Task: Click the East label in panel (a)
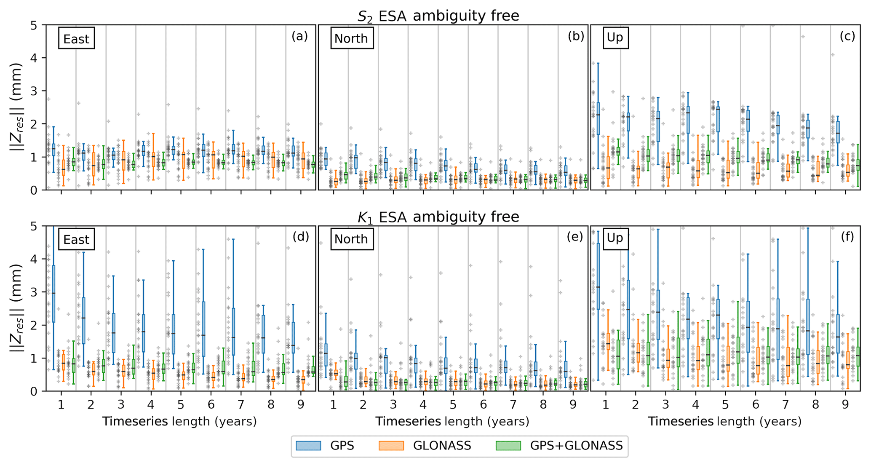76,39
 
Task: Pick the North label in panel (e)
351,239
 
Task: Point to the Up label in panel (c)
615,38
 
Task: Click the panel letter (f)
847,237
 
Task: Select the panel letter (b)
576,36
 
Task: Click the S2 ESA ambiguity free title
438,16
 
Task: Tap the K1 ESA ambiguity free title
438,217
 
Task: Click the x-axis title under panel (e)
452,421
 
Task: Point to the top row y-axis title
16,107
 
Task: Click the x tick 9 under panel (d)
301,405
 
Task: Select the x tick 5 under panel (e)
453,405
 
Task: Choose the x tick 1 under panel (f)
606,405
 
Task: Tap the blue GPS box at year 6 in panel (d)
203,329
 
